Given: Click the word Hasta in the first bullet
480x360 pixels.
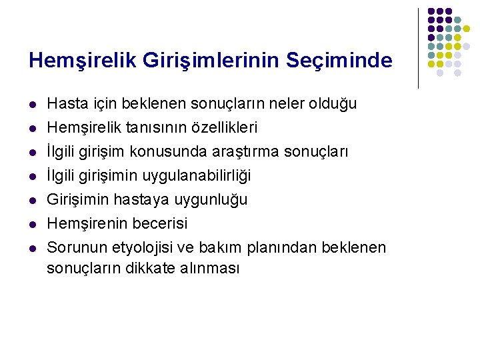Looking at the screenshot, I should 65,104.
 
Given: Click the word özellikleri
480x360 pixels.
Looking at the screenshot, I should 224,127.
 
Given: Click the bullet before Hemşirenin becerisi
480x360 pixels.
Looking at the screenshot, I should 31,223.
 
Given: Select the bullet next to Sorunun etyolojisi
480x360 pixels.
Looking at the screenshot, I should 31,248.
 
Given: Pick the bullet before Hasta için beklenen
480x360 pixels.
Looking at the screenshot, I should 31,105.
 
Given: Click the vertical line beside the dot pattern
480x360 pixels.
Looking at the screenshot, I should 418,48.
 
